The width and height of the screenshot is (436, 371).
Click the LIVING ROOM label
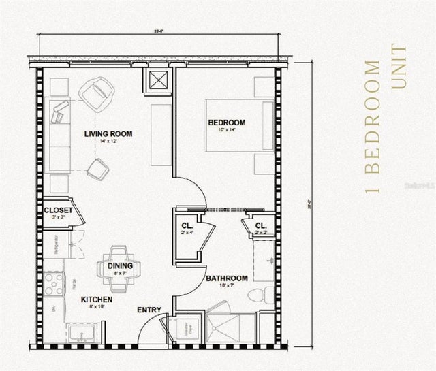tap(108, 133)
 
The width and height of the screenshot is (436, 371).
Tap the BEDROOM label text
tap(227, 123)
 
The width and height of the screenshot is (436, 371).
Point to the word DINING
tap(120, 265)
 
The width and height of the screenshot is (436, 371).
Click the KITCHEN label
tap(97, 300)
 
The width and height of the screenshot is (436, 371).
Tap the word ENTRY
tap(149, 310)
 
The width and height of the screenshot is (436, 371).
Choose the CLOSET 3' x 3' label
tap(58, 210)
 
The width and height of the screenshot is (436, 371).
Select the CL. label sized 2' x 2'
tap(261, 225)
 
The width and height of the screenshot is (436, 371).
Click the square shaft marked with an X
tap(158, 80)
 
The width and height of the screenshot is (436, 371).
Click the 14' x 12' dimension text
tap(108, 142)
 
